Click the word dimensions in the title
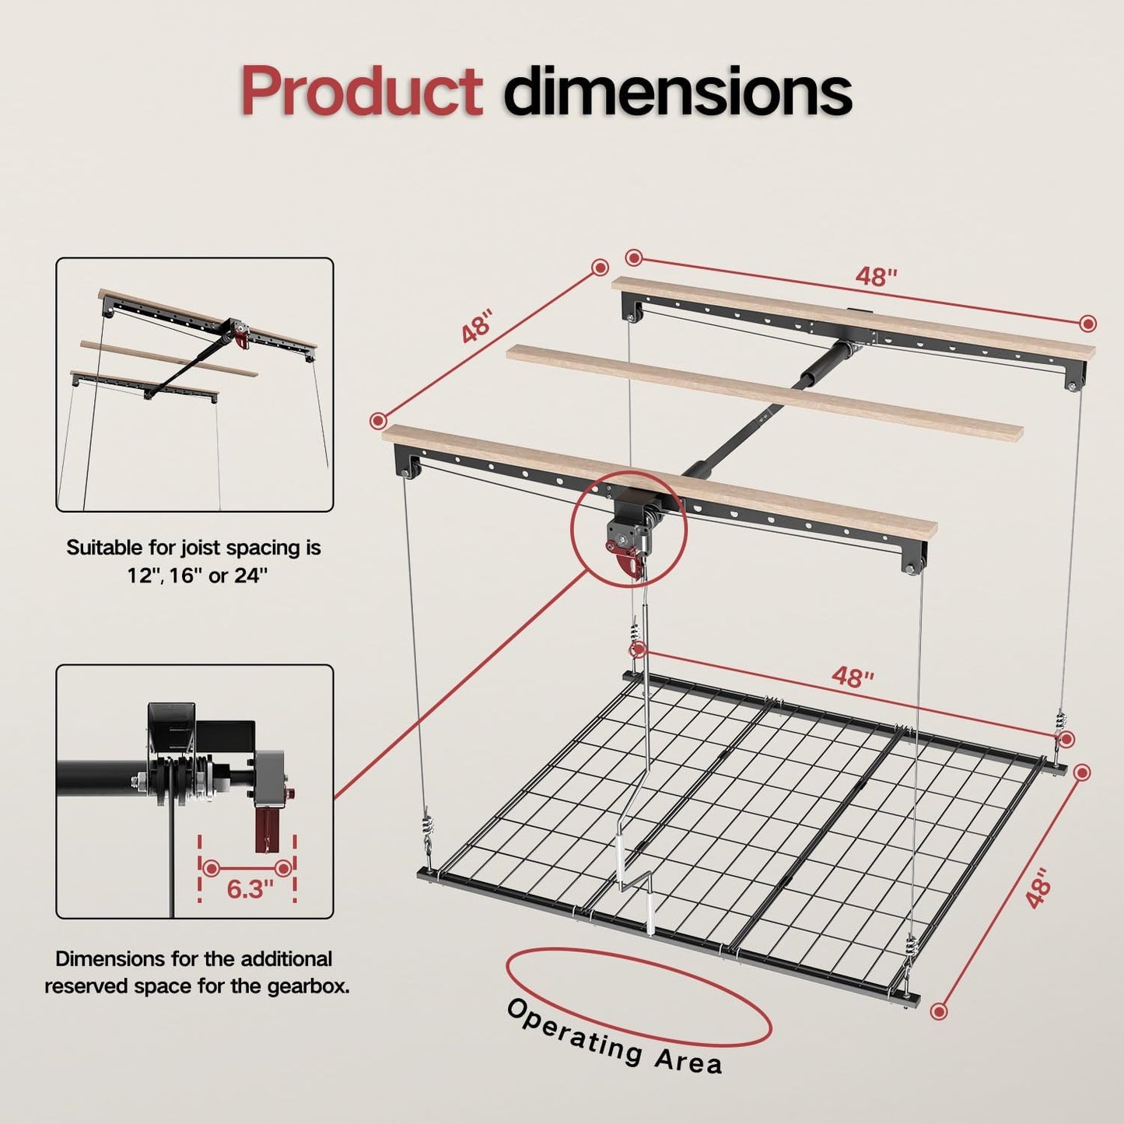point(677,92)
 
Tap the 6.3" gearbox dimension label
point(250,888)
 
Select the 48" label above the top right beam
point(877,276)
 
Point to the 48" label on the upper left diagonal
point(477,327)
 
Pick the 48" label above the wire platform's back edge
point(853,677)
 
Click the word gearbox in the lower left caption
point(307,986)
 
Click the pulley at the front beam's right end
point(914,564)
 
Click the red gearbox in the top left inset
point(243,338)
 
